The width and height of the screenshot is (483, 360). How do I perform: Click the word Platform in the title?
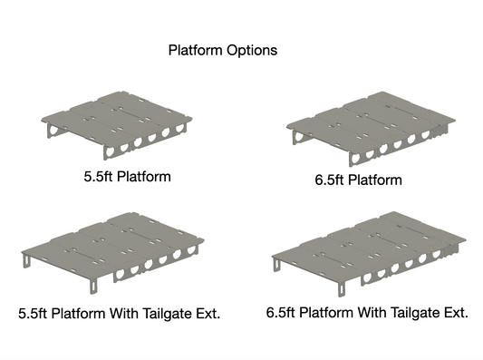click(196, 50)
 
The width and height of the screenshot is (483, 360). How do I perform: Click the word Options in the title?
click(252, 50)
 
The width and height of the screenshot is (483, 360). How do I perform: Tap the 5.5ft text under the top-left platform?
click(98, 177)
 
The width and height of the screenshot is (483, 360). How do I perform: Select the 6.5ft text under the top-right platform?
click(329, 180)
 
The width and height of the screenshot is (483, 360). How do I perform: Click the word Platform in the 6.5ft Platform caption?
click(375, 180)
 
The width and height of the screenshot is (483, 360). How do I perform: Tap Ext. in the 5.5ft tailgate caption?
click(208, 314)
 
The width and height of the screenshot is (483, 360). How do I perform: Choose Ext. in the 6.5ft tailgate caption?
click(456, 313)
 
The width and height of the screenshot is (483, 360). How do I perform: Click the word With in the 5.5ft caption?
click(124, 314)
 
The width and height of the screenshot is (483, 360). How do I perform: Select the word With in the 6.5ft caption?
click(372, 313)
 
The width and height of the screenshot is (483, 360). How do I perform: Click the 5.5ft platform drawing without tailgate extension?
click(117, 125)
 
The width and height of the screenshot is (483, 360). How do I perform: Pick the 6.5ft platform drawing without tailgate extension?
click(371, 129)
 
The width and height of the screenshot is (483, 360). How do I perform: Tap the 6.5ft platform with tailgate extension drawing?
click(369, 254)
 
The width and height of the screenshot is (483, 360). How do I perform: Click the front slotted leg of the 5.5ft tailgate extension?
click(93, 286)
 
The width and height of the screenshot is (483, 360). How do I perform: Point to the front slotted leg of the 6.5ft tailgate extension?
click(342, 289)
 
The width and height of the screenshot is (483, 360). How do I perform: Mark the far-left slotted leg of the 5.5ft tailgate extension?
click(27, 260)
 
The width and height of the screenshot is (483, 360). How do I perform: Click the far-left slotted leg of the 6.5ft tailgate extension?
click(277, 265)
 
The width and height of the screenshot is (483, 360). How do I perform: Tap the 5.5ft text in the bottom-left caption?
click(33, 314)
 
